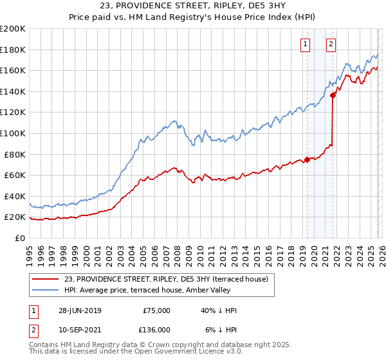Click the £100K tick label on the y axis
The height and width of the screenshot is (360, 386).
pyautogui.click(x=13, y=133)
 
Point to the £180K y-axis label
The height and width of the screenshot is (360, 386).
pyautogui.click(x=13, y=50)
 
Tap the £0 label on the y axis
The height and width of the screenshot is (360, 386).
pyautogui.click(x=19, y=238)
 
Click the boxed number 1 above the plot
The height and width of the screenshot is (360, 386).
pyautogui.click(x=304, y=44)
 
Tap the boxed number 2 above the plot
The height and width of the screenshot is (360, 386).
pyautogui.click(x=331, y=44)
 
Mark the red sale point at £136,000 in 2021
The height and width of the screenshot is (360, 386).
pyautogui.click(x=333, y=96)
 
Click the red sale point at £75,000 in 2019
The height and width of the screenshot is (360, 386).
pyautogui.click(x=308, y=159)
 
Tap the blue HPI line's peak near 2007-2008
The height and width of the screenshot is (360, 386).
pyautogui.click(x=174, y=120)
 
